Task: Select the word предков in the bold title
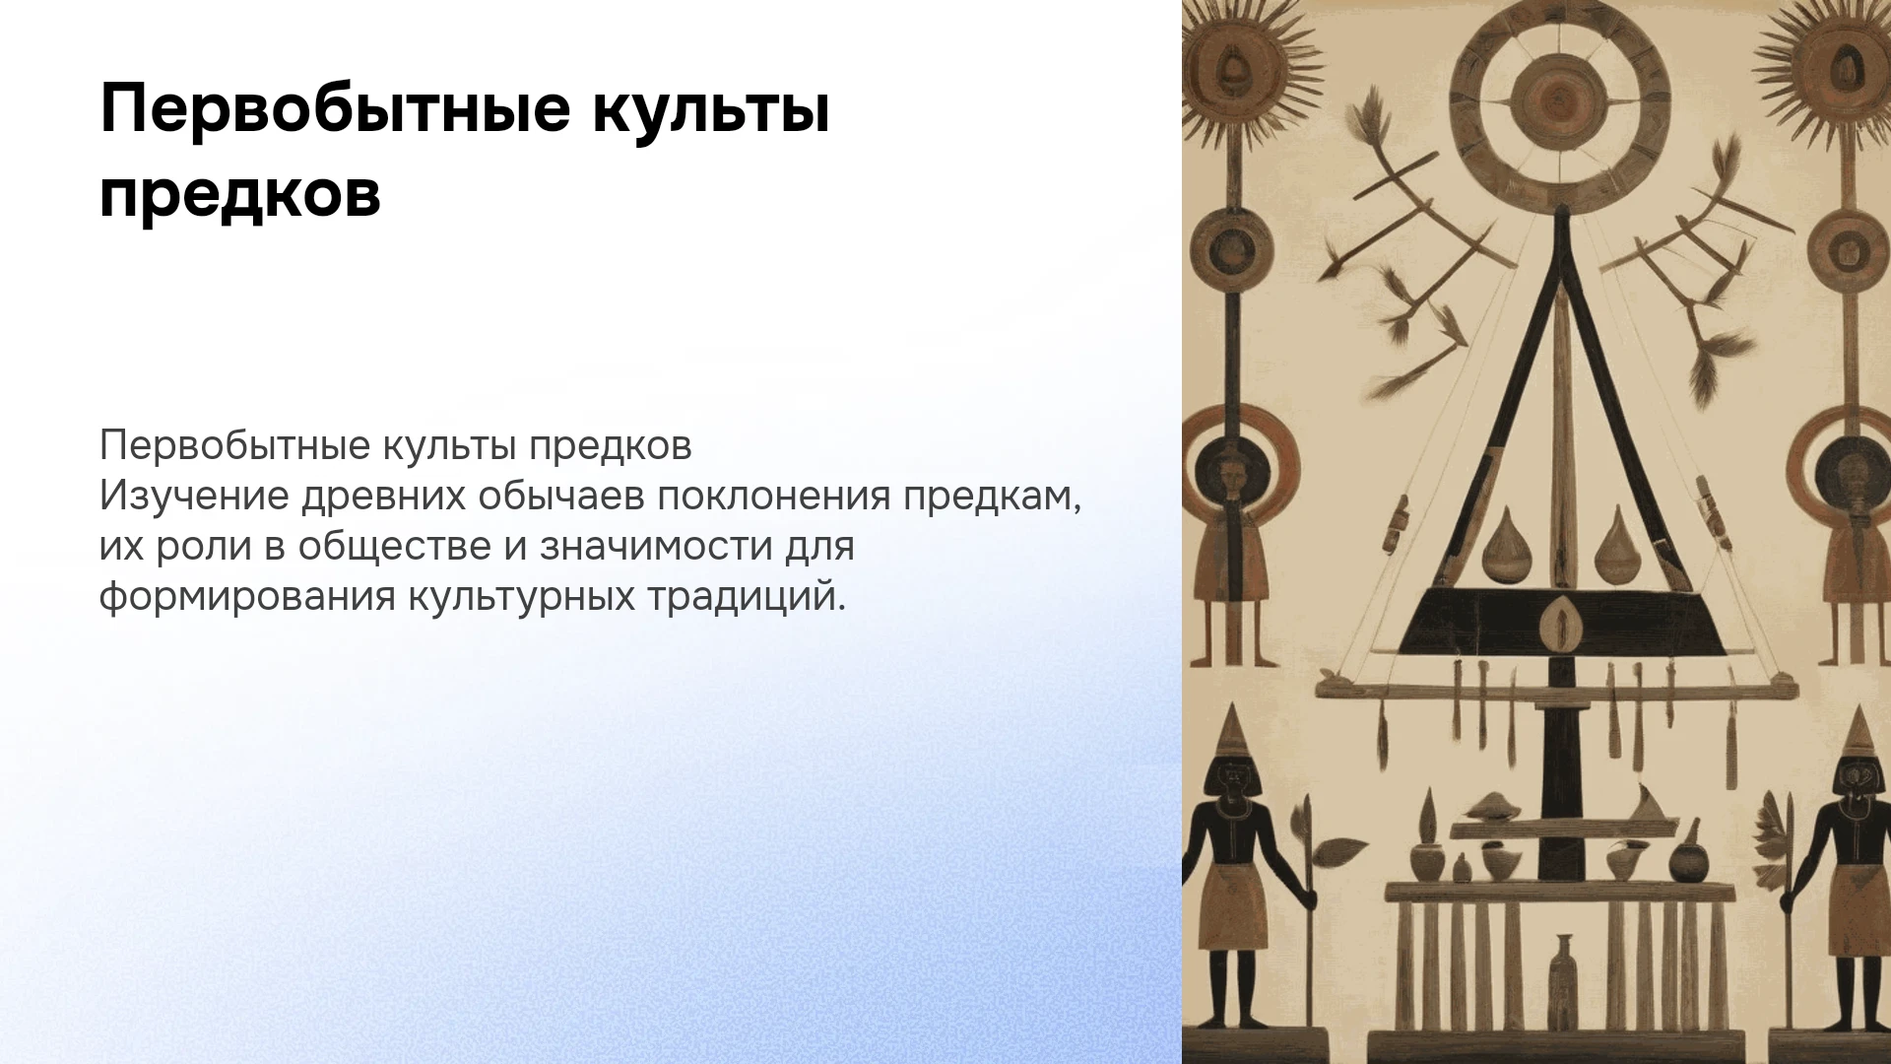click(x=240, y=194)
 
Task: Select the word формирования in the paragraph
click(x=247, y=596)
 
